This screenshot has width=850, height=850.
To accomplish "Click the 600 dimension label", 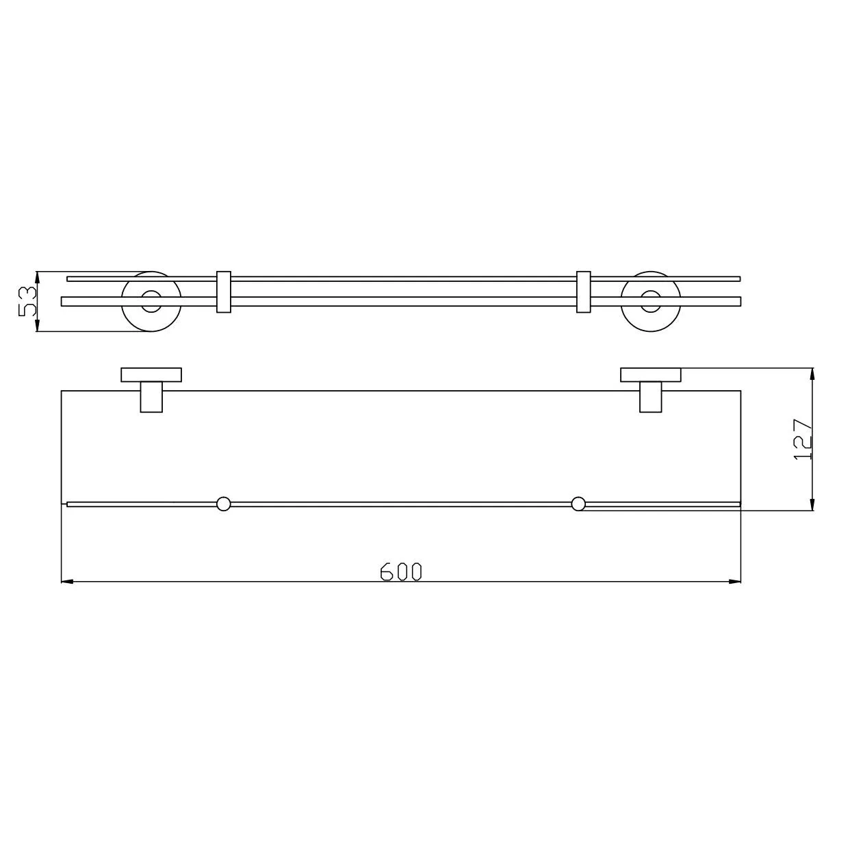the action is click(x=400, y=572).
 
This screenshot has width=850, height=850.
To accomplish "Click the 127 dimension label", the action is click(x=802, y=440).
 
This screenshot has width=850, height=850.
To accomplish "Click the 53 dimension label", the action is click(x=27, y=301).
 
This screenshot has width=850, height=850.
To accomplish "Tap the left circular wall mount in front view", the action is click(x=151, y=301).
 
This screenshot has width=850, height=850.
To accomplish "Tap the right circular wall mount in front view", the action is click(x=651, y=301).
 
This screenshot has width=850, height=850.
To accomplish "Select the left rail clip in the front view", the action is click(x=224, y=292).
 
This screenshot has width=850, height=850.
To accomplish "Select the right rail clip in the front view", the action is click(x=584, y=292).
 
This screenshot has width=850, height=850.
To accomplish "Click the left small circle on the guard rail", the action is click(x=224, y=504).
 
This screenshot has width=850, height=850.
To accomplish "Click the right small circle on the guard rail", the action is click(x=578, y=504).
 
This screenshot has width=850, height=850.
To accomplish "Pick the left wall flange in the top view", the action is click(x=151, y=374).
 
